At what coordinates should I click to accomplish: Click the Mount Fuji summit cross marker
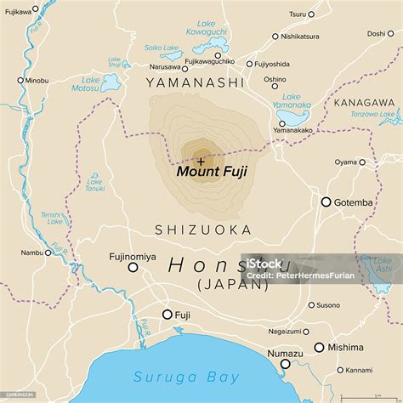[x=201, y=159]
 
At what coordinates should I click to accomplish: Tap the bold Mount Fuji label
[x=211, y=171]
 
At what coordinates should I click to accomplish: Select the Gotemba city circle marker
[x=326, y=202]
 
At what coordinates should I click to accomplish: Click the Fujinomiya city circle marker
[x=133, y=268]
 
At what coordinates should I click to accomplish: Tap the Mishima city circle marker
[x=319, y=347]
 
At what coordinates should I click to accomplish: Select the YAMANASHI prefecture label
[x=195, y=82]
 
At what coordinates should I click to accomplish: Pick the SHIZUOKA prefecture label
[x=202, y=230]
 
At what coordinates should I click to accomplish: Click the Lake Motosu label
[x=109, y=83]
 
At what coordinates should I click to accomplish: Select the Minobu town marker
[x=20, y=80]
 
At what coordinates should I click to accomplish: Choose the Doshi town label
[x=375, y=34]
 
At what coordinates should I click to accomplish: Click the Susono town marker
[x=312, y=304]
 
